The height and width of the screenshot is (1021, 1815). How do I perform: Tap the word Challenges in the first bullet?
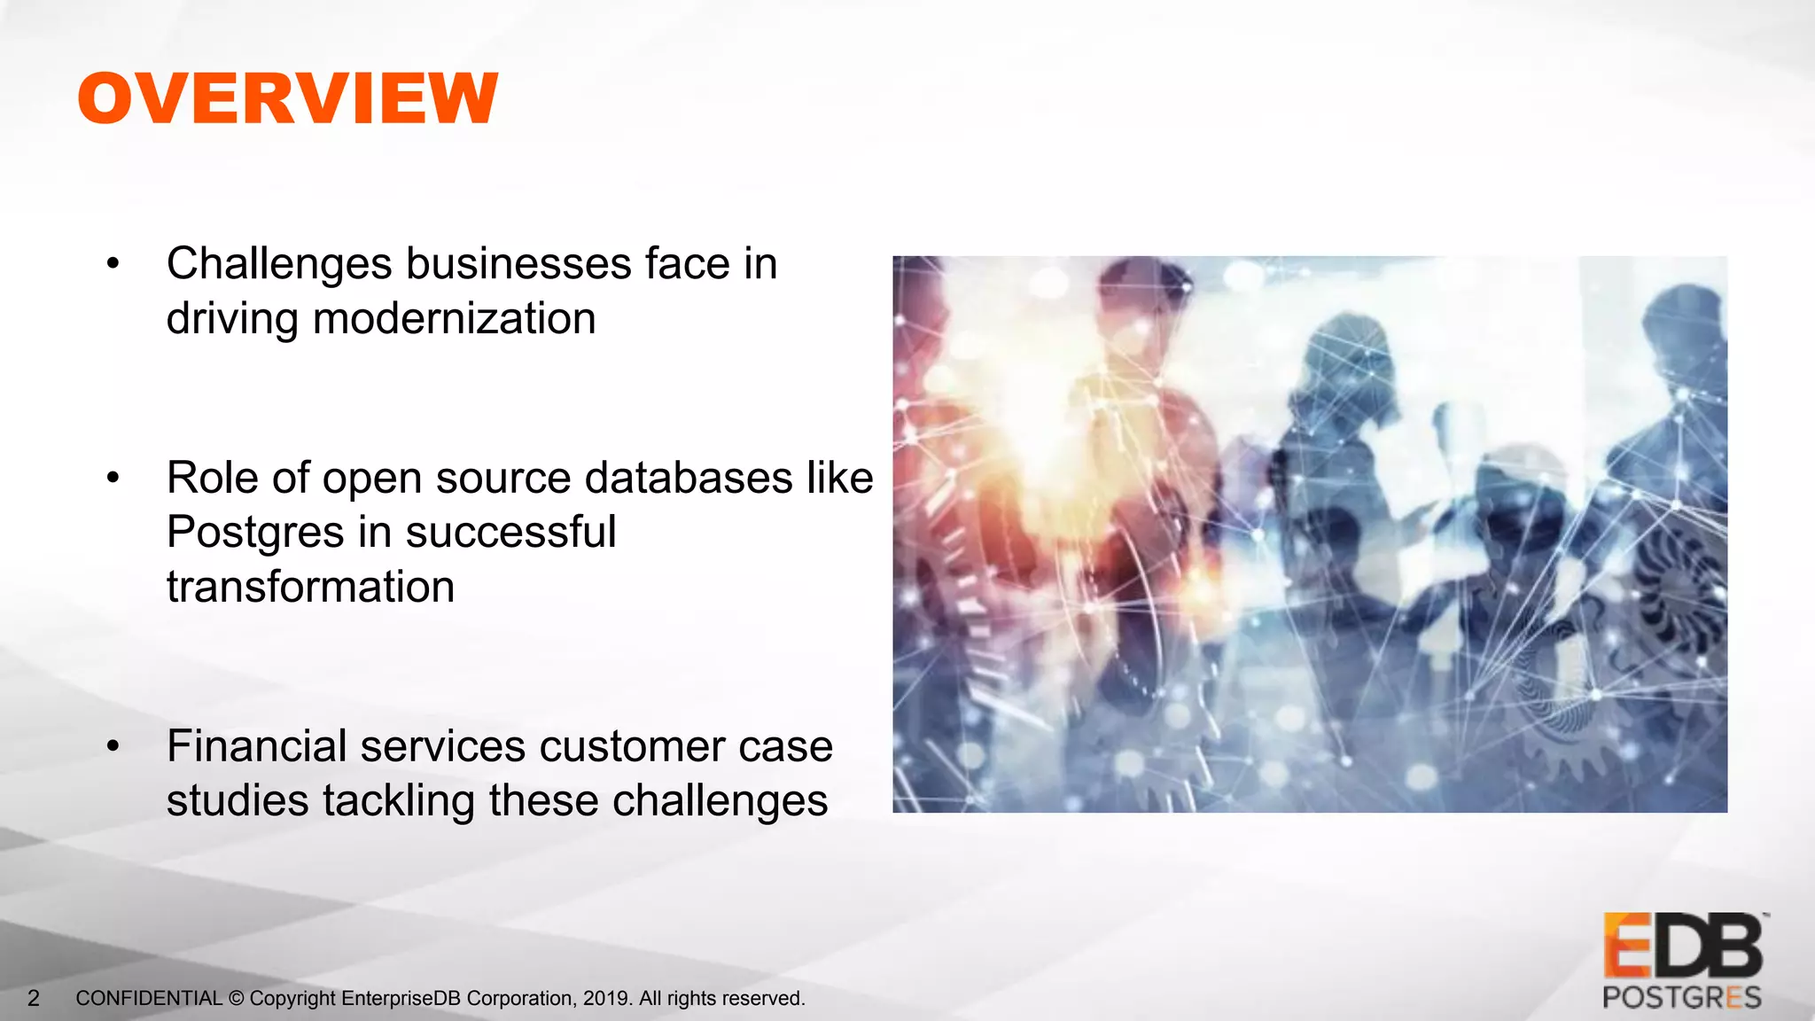(279, 264)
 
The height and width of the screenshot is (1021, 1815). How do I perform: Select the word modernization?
(454, 319)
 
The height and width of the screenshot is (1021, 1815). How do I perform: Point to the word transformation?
(310, 587)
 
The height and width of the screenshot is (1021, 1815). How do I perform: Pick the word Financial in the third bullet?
(256, 745)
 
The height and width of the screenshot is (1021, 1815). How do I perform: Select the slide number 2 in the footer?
(34, 999)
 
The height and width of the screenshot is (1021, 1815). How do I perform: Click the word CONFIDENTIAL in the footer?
(149, 999)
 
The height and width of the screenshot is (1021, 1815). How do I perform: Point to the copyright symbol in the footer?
(236, 999)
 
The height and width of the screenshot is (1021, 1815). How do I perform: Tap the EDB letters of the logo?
(1683, 946)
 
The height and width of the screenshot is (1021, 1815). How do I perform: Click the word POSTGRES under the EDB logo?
(1682, 998)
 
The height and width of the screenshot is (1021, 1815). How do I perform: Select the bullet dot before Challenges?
(113, 263)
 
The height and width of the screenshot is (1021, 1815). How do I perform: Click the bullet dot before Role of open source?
(113, 478)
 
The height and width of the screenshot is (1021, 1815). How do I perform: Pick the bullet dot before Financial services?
(113, 746)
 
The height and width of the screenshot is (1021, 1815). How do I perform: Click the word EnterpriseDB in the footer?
(401, 999)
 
